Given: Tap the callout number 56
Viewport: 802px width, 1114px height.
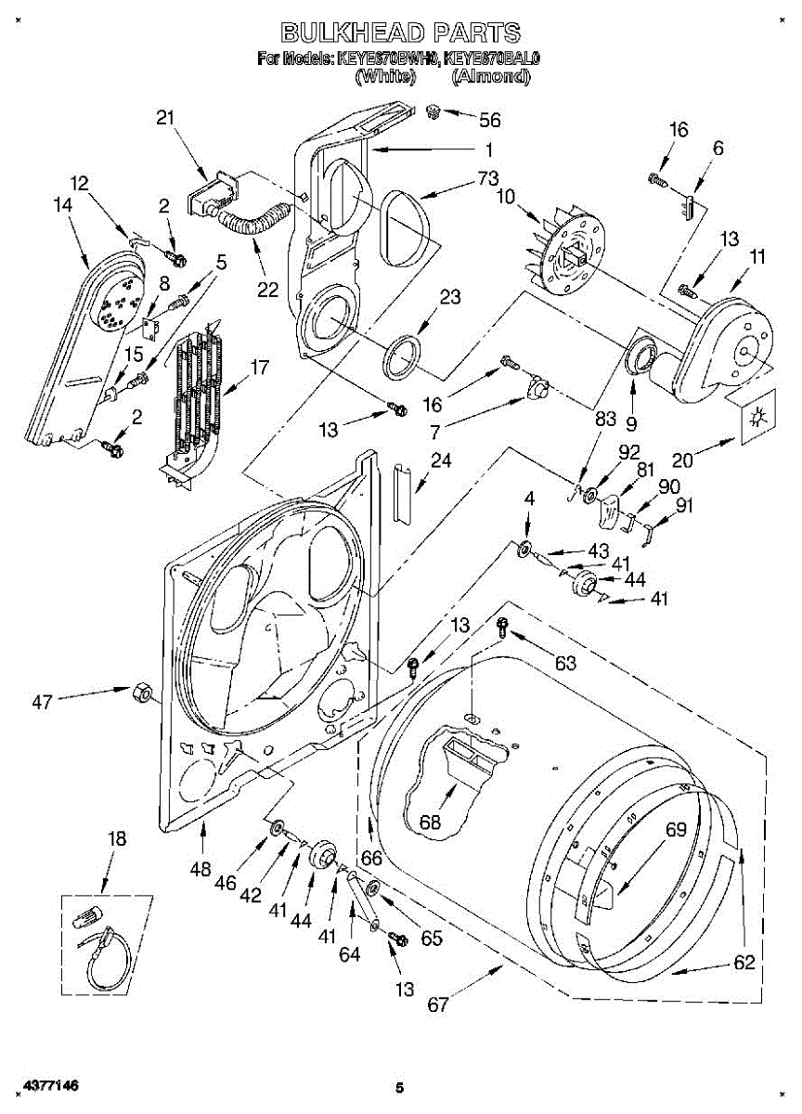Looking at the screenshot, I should click(x=489, y=120).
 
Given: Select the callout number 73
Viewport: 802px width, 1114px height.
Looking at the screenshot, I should click(x=488, y=179).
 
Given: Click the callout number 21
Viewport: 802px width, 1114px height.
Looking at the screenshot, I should click(x=166, y=117).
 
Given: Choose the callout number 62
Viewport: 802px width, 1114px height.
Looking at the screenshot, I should click(x=744, y=963).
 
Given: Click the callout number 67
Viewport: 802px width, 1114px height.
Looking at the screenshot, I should click(x=438, y=1005).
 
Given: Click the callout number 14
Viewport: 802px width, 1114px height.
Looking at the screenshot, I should click(x=63, y=206).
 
